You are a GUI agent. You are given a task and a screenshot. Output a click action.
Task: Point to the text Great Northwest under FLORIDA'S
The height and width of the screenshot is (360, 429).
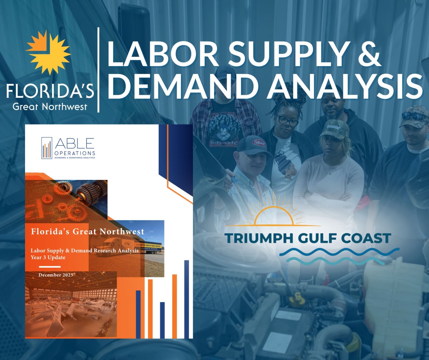click(x=50, y=107)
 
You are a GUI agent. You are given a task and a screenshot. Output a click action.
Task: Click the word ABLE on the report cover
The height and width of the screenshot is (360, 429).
click(x=75, y=143)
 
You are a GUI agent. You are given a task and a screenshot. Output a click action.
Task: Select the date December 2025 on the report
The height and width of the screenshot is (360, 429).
click(x=56, y=275)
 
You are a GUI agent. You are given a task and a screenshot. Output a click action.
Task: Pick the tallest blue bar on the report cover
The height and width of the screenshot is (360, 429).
click(x=186, y=299)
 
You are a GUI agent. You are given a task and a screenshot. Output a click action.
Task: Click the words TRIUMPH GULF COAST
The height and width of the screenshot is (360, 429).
click(x=308, y=238)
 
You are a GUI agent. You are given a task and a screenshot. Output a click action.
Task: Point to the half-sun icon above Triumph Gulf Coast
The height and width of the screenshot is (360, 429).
click(x=273, y=215)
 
